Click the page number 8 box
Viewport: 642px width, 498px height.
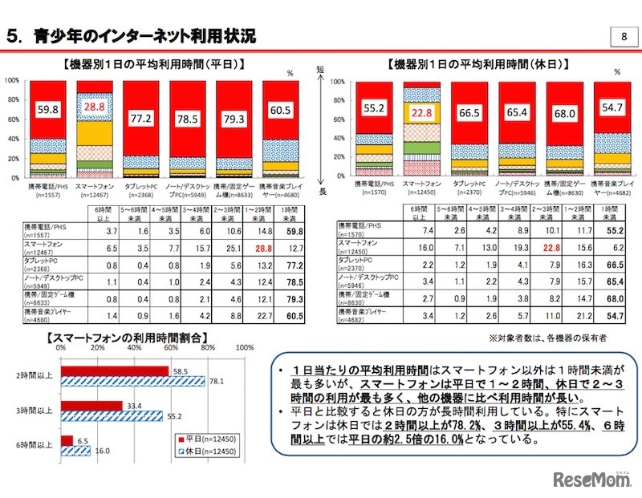pos(624,37)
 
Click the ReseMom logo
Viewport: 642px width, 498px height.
pos(591,478)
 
